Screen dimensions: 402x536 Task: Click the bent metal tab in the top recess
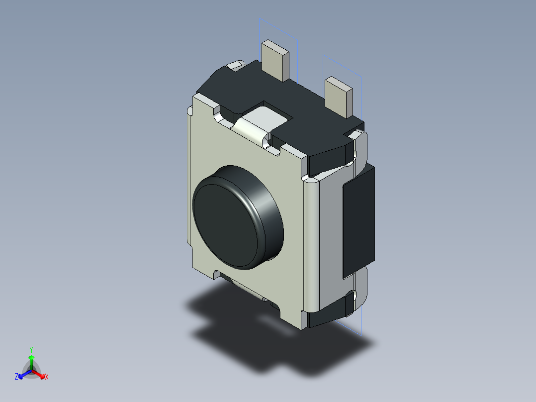point(254,127)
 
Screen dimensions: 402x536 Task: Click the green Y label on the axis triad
point(31,350)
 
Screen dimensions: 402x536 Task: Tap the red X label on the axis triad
point(47,377)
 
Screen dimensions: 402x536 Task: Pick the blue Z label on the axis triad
point(16,377)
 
